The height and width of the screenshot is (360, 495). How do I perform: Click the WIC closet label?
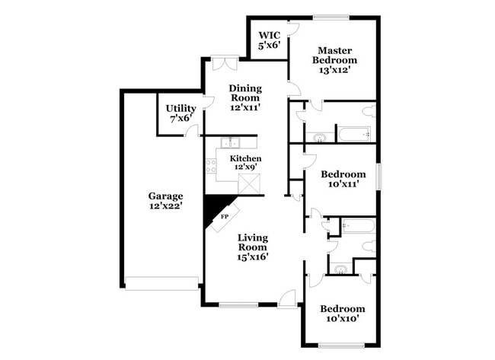click(270, 40)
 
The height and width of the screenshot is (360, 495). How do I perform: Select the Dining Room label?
click(245, 97)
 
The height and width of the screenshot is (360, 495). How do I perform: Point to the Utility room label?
click(180, 113)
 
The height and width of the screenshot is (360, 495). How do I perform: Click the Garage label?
click(165, 201)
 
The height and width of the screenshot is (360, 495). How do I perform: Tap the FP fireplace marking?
click(224, 217)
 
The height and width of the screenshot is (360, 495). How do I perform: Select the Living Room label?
click(252, 247)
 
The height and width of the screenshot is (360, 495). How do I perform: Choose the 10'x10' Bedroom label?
click(342, 314)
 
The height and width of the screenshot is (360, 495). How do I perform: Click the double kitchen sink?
click(230, 142)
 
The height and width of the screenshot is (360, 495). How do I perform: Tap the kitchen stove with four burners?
click(211, 165)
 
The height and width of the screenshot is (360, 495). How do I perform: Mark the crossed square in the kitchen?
click(249, 184)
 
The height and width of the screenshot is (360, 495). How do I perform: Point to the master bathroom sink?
click(320, 138)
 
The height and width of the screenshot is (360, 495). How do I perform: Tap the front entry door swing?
click(287, 298)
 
